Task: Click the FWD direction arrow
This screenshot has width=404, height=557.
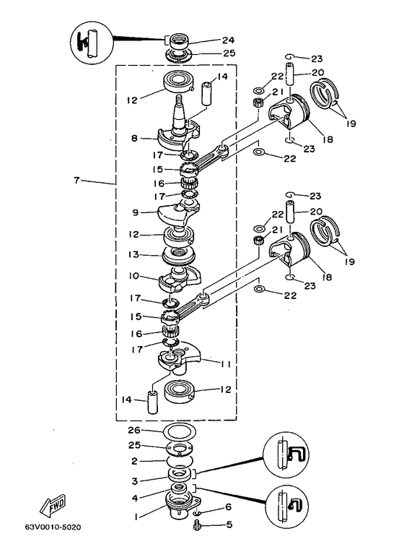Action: [x=52, y=505]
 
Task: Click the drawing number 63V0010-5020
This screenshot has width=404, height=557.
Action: [x=53, y=527]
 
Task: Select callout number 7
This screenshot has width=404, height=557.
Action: [x=76, y=180]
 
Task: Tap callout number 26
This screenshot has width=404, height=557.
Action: [x=134, y=431]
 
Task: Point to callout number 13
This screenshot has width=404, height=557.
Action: [x=134, y=255]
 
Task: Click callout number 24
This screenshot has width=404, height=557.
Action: [x=229, y=40]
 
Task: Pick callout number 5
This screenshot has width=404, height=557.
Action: [x=229, y=524]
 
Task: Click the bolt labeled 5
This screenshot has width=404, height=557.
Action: [x=196, y=525]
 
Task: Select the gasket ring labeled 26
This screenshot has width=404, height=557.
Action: [x=180, y=433]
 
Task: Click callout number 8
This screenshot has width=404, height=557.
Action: [x=134, y=138]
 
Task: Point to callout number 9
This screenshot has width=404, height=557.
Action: [x=135, y=212]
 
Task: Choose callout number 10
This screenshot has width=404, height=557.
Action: [x=134, y=276]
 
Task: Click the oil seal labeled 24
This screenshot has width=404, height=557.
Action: [x=180, y=42]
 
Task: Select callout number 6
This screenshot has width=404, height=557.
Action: [x=228, y=506]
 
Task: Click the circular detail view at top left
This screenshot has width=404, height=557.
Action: [x=92, y=42]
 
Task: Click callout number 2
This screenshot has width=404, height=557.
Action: [x=134, y=461]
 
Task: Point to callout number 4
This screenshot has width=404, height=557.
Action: [x=135, y=498]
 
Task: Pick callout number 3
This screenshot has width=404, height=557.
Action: [x=134, y=481]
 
